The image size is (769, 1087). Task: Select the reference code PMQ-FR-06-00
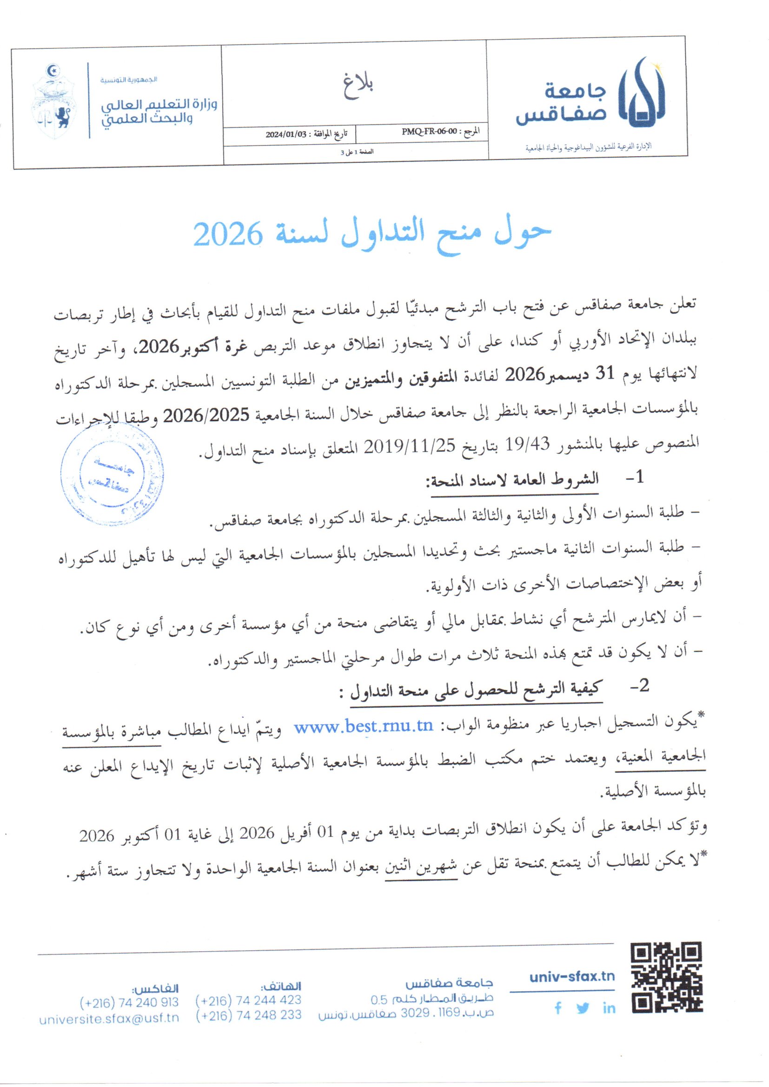[x=430, y=133]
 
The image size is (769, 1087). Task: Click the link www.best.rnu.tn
[x=363, y=727]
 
